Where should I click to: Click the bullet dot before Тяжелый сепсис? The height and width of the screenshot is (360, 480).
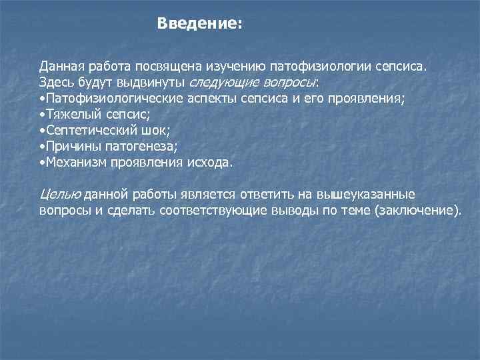click(42, 115)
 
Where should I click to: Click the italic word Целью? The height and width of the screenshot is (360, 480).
click(60, 195)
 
